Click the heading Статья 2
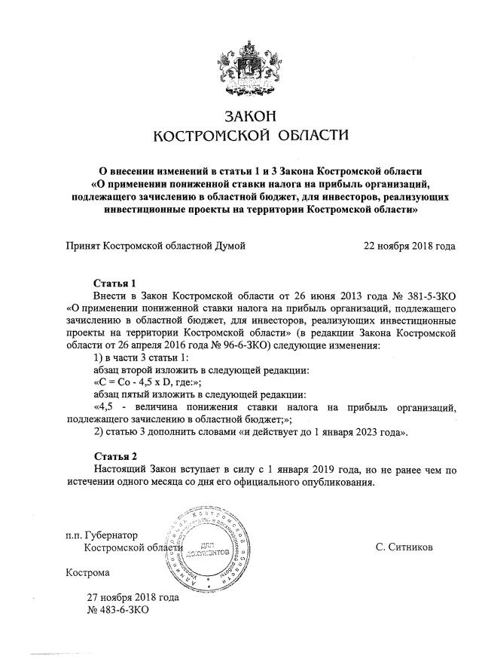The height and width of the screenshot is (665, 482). tap(114, 457)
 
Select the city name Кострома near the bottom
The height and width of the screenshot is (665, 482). tap(87, 572)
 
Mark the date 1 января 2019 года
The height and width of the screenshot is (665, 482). tap(306, 470)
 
